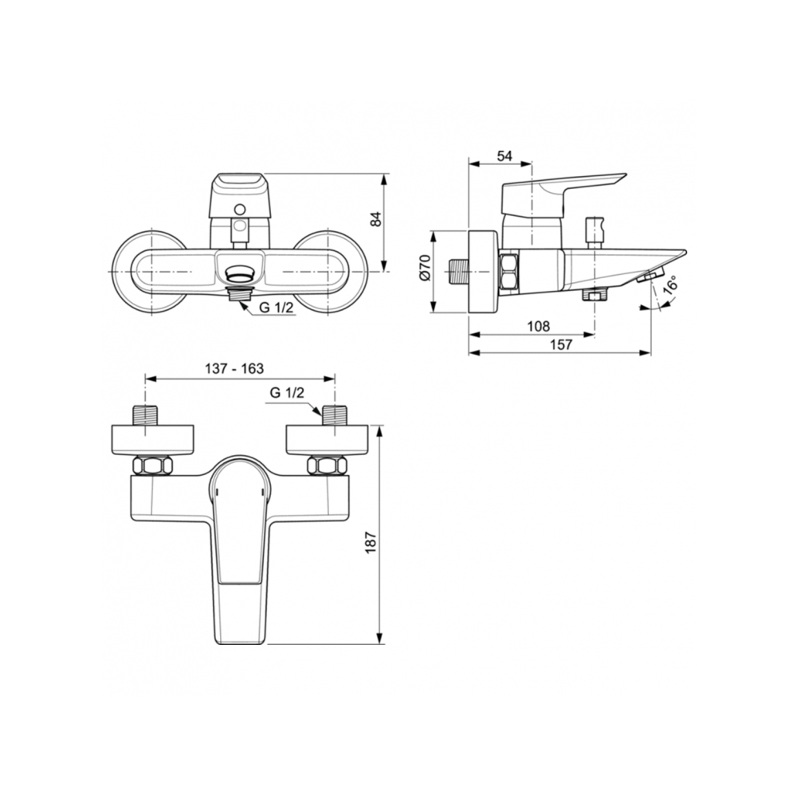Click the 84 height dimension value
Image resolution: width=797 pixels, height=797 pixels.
point(375,219)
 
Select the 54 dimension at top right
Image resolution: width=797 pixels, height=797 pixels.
point(504,156)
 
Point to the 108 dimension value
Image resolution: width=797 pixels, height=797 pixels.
point(540,327)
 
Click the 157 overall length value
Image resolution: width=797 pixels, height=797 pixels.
point(562,344)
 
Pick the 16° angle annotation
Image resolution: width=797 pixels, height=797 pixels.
point(670,285)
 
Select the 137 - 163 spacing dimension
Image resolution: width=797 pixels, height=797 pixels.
point(234,368)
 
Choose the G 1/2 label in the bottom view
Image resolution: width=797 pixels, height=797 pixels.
point(287,393)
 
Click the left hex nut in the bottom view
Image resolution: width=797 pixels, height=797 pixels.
point(152,465)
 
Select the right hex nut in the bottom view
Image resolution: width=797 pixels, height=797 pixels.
point(327,465)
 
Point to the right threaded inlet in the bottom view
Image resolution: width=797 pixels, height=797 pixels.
point(334,415)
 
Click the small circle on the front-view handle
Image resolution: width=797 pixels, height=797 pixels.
point(238,210)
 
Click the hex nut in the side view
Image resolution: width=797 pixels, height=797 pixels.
point(508,270)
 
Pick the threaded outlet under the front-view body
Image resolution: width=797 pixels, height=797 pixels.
point(239,293)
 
